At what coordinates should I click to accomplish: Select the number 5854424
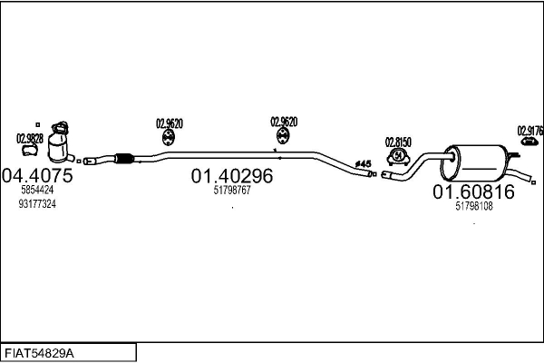[x=37, y=191]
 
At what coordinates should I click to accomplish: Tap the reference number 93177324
[x=37, y=204]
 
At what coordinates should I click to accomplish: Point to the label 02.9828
[x=29, y=138]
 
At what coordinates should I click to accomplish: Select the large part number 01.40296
[x=231, y=176]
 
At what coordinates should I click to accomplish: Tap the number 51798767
[x=232, y=191]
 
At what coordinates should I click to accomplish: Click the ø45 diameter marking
[x=363, y=164]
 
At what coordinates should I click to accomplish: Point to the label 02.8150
[x=398, y=142]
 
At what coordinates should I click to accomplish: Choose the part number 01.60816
[x=473, y=191]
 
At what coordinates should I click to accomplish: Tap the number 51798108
[x=473, y=206]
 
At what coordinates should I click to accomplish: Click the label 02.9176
[x=529, y=131]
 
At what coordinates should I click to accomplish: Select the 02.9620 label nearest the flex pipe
[x=170, y=123]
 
